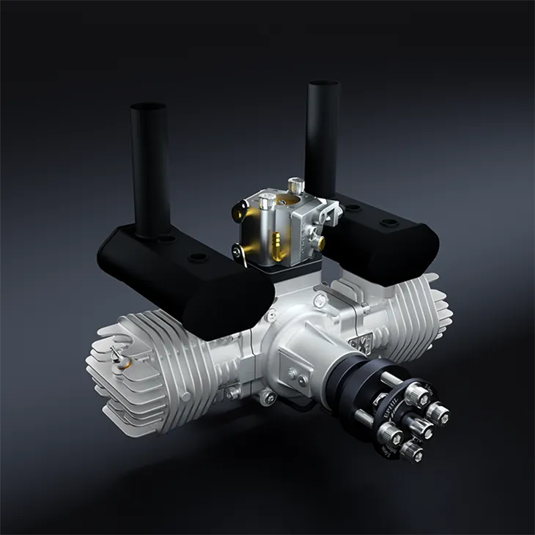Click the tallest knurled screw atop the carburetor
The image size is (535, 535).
[x=295, y=185]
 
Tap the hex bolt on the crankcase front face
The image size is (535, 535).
[x=293, y=374]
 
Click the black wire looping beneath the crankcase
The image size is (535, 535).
[x=293, y=399]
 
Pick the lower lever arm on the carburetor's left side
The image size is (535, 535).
[x=242, y=253]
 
